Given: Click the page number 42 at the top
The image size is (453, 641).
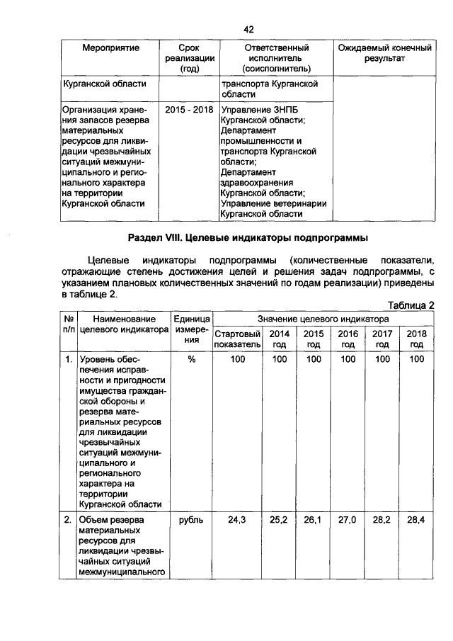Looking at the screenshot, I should [x=248, y=29].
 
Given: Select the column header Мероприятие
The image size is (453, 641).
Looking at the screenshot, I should [x=110, y=48].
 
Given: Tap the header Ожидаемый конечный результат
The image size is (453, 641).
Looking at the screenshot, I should [x=384, y=53].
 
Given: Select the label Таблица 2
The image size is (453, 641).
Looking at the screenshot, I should [x=411, y=305].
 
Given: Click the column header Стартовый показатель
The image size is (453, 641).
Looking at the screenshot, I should [x=238, y=339].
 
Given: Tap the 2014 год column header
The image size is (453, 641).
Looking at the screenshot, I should [x=280, y=339].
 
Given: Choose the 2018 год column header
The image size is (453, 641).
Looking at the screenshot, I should [x=417, y=339].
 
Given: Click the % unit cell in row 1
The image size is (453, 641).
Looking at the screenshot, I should [x=191, y=360].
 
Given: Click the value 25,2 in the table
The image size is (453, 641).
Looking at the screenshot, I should [x=279, y=520].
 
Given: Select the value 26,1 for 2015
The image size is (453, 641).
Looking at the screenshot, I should [x=314, y=520].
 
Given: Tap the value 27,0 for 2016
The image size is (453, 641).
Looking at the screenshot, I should [x=348, y=520].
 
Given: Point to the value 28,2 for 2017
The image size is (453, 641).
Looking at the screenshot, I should [x=382, y=520].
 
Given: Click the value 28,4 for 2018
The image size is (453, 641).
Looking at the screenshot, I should [x=417, y=520].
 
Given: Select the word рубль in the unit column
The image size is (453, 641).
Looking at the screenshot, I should [x=191, y=520].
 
